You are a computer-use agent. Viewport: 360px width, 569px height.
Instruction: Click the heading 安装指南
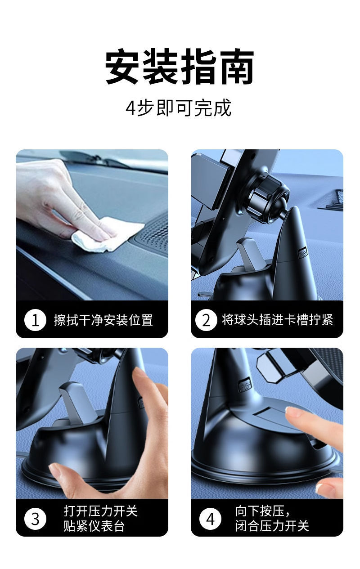pos(180,66)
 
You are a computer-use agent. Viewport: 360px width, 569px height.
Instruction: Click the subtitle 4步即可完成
pos(178,108)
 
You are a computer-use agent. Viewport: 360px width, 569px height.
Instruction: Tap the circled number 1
pos(35,320)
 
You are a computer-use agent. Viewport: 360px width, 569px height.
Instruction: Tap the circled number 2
pos(206,320)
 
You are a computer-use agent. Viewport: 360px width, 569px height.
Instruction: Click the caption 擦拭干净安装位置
pos(103,320)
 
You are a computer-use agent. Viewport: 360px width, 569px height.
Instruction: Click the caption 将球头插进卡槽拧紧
pos(278,319)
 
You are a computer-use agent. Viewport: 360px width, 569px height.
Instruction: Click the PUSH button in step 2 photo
pos(302,253)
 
